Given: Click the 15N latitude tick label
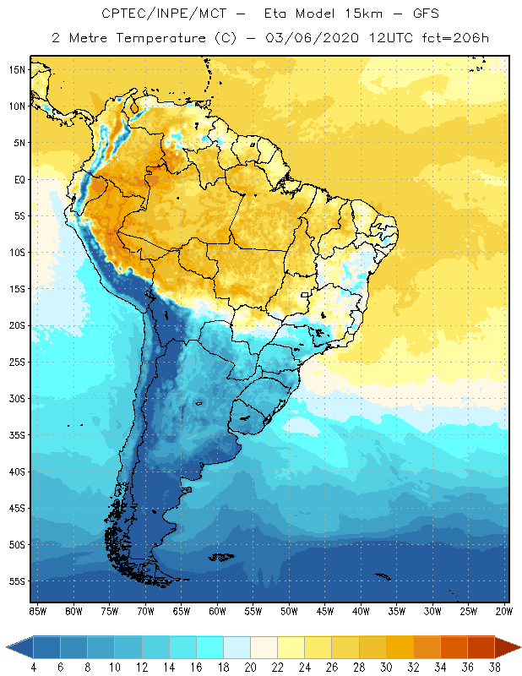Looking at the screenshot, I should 15,69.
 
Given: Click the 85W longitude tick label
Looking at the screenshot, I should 37,611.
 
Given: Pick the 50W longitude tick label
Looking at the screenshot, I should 289,611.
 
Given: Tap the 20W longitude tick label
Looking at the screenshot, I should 504,611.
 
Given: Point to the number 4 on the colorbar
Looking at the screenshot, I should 34,666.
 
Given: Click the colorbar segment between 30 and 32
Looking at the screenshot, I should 400,646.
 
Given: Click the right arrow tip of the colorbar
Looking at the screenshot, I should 518,646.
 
